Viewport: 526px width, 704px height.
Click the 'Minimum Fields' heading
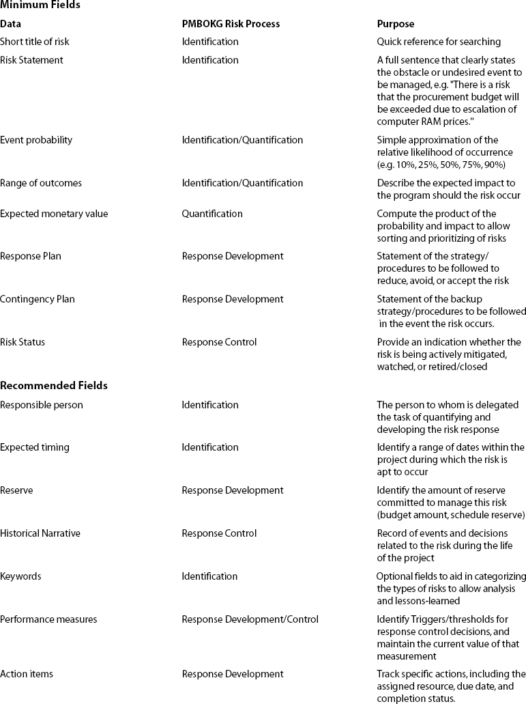40,5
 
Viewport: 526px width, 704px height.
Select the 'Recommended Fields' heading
54,386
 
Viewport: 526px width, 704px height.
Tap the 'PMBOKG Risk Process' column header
231,24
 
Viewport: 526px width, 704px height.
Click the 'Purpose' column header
396,24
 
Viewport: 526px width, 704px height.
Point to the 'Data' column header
10,24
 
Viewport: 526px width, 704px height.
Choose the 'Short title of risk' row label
35,42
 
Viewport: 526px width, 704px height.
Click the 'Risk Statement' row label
31,60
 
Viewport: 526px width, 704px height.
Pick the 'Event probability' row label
36,140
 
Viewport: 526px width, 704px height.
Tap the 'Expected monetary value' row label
54,214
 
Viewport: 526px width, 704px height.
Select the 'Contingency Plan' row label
38,299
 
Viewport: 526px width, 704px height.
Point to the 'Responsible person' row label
42,405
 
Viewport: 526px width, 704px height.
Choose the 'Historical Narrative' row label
40,533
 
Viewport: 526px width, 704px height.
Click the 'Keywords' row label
20,576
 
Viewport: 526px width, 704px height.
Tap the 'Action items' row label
27,674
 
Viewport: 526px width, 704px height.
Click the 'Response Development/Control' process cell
250,619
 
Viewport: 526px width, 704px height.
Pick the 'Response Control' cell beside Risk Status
219,342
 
